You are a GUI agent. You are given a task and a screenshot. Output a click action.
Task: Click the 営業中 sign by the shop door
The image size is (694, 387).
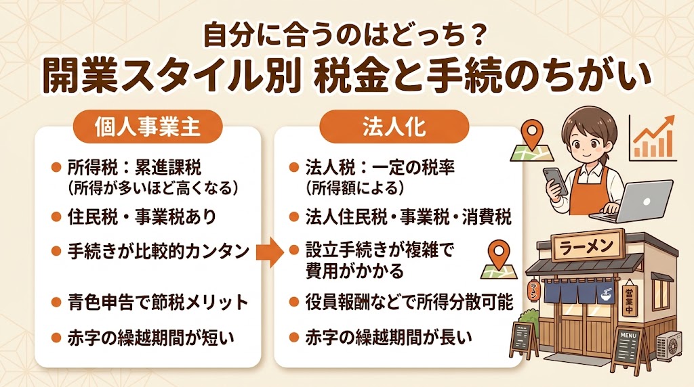pos(631,298)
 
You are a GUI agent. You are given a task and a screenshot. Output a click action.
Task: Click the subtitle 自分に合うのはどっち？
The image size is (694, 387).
pos(346,35)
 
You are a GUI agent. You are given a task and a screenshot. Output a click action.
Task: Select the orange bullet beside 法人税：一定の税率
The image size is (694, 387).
pos(293,167)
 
